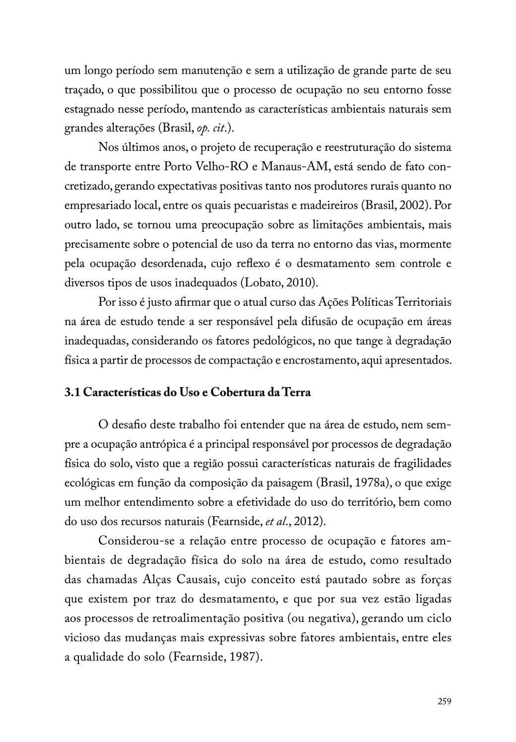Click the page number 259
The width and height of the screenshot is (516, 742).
(x=444, y=701)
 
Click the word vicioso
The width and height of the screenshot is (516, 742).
(x=82, y=638)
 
